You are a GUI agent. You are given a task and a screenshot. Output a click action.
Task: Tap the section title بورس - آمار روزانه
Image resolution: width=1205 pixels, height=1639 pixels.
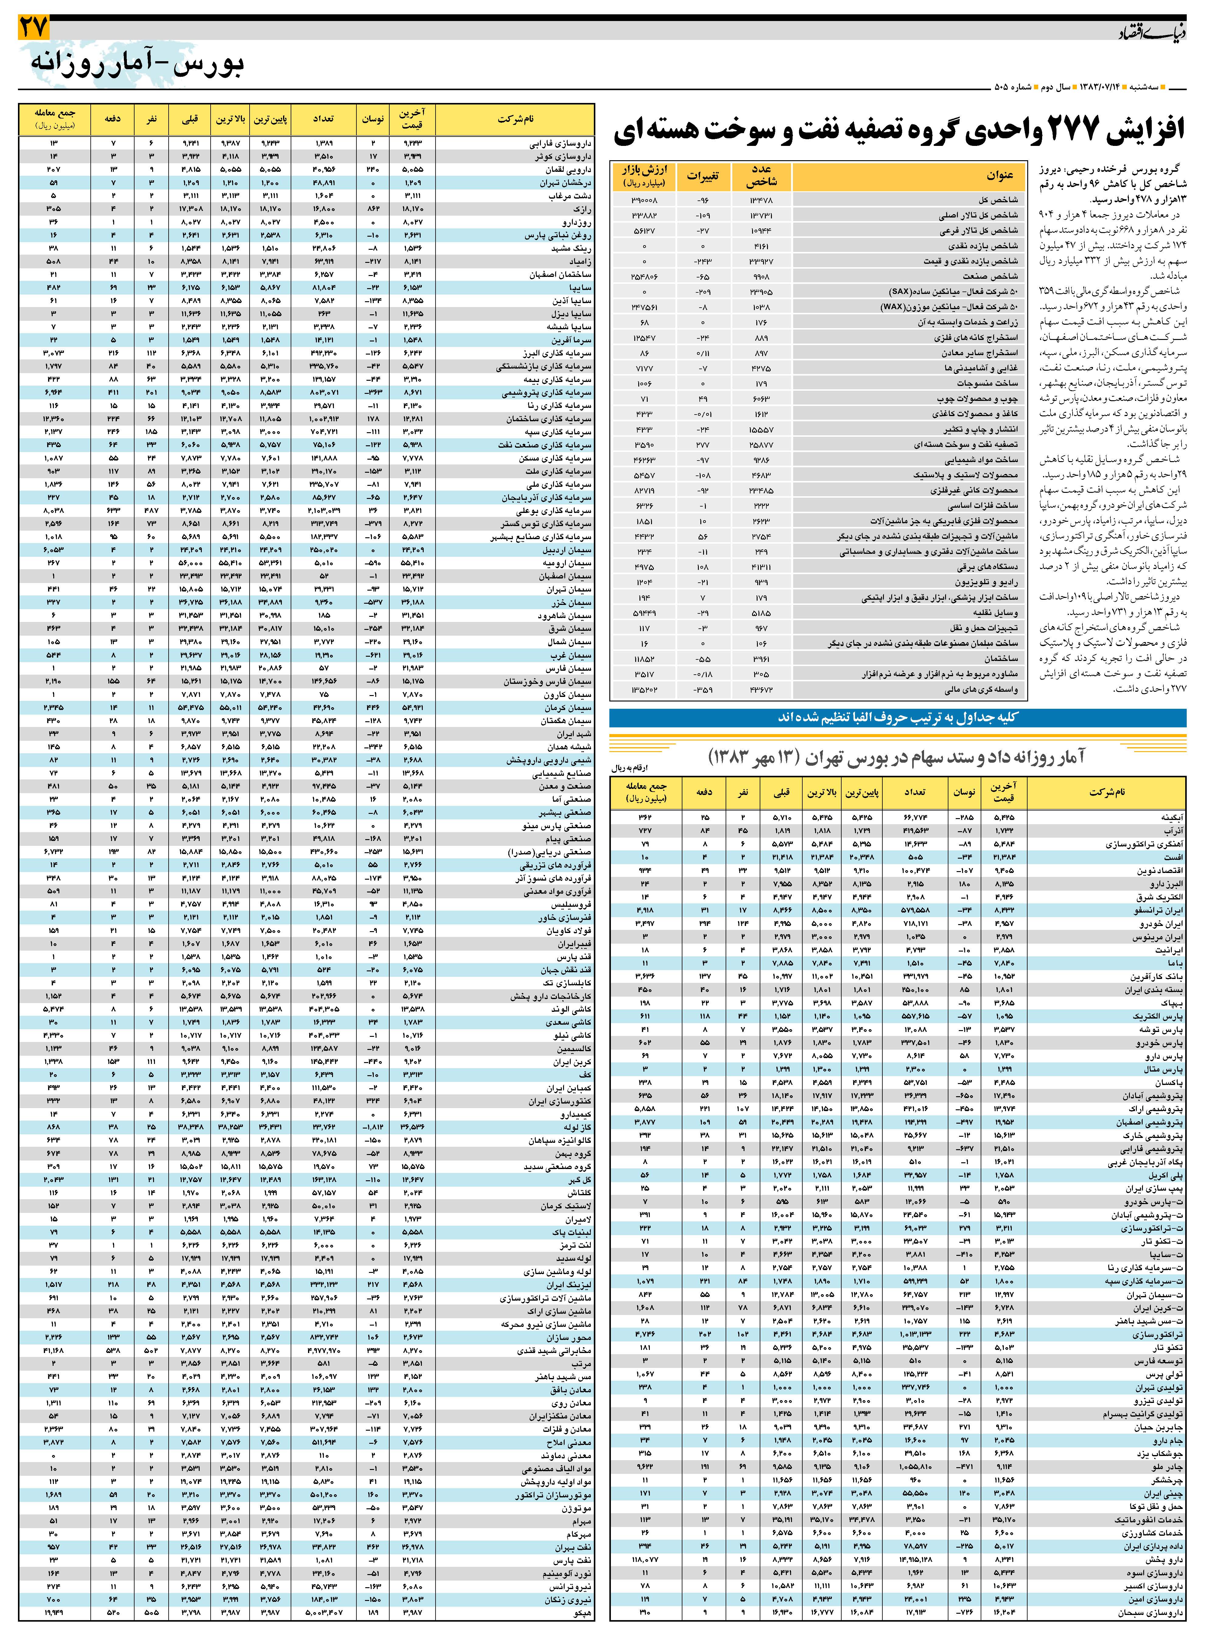[138, 64]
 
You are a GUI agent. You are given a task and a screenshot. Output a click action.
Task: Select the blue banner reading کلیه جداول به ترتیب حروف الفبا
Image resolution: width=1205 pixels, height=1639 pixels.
[897, 717]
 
